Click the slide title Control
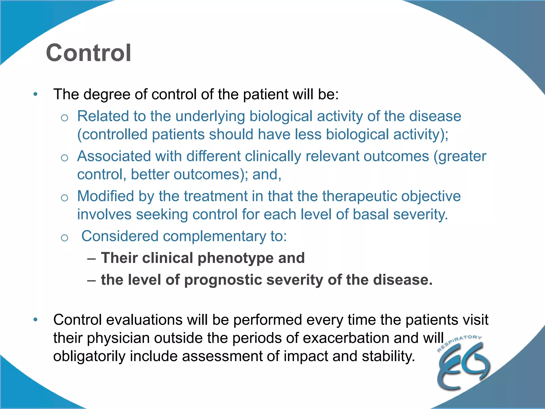tap(88, 53)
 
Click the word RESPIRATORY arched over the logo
tap(459, 342)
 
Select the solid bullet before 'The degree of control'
tap(35, 94)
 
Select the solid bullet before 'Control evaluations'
tap(35, 320)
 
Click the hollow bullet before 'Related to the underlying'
tap(64, 117)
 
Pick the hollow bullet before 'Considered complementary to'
tap(64, 237)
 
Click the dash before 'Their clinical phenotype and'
tap(91, 258)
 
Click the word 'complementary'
tap(214, 236)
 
